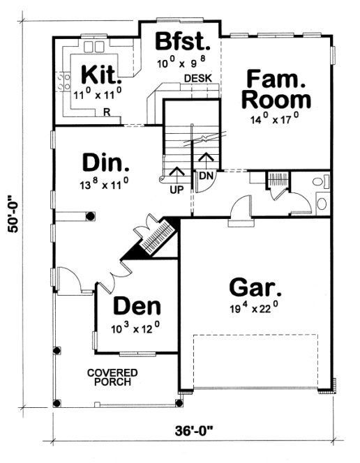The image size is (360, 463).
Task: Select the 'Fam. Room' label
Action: click(276, 87)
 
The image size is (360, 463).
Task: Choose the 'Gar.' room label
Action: click(255, 287)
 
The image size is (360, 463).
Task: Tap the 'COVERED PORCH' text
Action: click(112, 378)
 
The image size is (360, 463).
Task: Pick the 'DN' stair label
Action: click(205, 176)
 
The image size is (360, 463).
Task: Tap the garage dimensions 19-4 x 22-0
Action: click(255, 308)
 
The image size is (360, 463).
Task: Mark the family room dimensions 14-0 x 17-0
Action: click(275, 119)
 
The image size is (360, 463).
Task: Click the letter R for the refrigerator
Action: click(107, 112)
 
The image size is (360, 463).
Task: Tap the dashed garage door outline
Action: click(255, 363)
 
